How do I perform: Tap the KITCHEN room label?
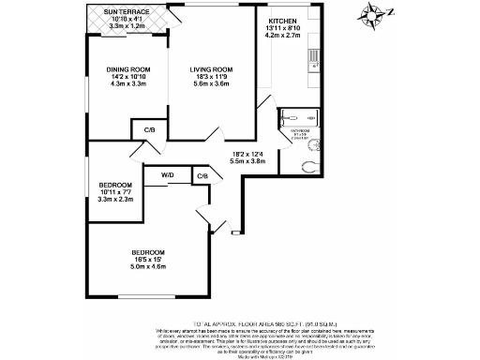(283, 20)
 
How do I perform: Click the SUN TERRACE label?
(128, 11)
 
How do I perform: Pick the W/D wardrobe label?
(167, 174)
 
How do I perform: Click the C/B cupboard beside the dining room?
(150, 129)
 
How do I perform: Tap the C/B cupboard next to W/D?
(202, 175)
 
